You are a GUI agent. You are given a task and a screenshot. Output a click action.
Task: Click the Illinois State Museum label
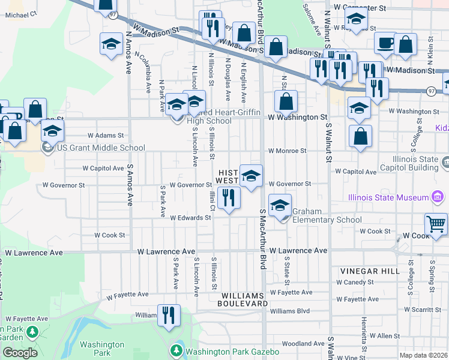point(389,197)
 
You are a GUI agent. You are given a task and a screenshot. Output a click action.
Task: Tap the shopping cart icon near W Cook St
point(436,224)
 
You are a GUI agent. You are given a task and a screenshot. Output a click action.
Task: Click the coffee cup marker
point(385,43)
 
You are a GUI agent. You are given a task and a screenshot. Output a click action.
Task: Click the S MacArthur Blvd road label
point(262,239)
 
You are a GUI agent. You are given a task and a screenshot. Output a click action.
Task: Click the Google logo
point(20,353)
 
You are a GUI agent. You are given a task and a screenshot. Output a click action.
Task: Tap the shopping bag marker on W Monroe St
point(361,136)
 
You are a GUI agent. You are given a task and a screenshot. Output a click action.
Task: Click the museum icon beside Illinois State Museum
point(438,197)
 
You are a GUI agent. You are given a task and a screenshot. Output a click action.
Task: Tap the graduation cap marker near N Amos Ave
point(111,44)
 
